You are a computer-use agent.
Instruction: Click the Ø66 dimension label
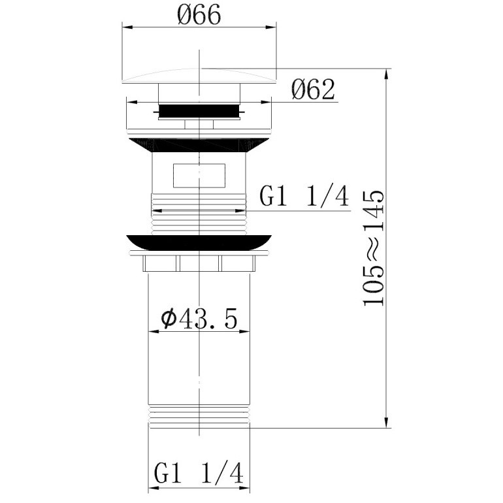tap(199, 15)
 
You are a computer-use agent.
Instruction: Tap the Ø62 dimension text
tap(314, 89)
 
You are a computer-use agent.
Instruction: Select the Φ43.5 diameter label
tap(199, 319)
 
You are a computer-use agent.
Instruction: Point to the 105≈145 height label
tap(374, 248)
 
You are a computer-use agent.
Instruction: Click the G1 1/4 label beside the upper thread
tap(304, 197)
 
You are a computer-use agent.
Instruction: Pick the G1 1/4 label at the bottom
tap(199, 472)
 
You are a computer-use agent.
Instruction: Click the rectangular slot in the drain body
tap(199, 176)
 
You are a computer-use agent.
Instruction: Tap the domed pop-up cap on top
tap(199, 76)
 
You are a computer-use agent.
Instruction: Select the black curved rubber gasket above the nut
tap(199, 242)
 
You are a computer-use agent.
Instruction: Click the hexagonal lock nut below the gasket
tap(199, 263)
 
